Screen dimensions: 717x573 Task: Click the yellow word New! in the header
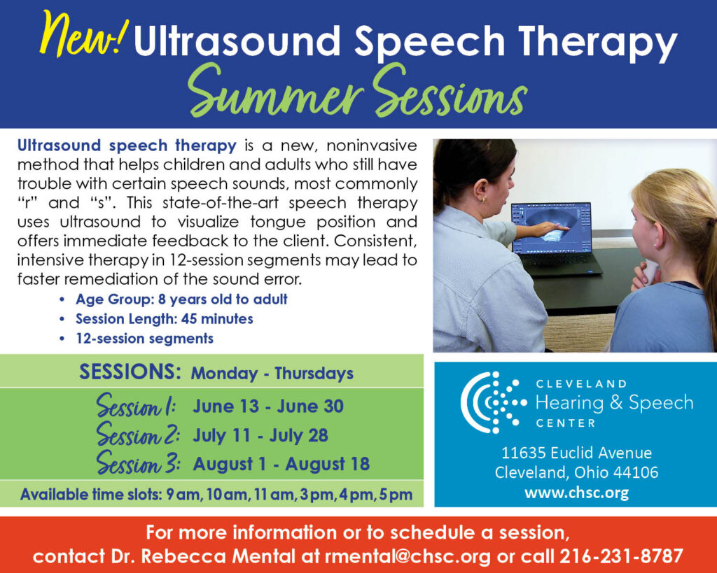click(83, 34)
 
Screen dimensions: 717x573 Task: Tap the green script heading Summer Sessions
click(358, 92)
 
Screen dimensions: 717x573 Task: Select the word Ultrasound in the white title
click(237, 40)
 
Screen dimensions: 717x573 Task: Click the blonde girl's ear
click(657, 232)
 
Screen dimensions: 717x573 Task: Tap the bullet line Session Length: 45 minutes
click(164, 319)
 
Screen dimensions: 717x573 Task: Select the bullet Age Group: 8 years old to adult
click(181, 299)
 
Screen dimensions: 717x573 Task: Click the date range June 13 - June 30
click(268, 406)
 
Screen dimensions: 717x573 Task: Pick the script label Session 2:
click(138, 434)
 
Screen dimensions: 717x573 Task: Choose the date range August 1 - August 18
click(281, 464)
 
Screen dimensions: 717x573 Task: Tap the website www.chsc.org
click(577, 493)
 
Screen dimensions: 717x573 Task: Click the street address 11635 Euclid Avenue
click(577, 453)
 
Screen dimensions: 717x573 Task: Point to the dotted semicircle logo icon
click(494, 402)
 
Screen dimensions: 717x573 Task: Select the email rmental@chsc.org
click(408, 556)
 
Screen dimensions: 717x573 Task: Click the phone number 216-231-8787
click(621, 556)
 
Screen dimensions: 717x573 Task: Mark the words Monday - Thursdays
click(272, 374)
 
